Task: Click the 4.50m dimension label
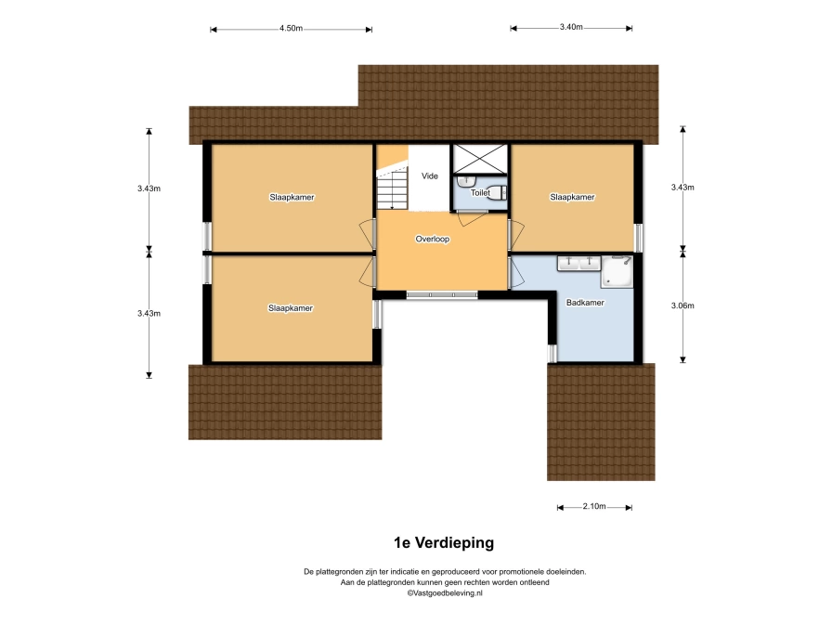point(291,29)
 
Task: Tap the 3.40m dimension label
point(571,27)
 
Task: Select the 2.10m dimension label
point(594,506)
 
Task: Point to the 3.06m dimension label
point(682,305)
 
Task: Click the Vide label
point(430,176)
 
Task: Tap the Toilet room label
point(480,193)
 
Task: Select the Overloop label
point(433,240)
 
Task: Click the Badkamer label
point(585,303)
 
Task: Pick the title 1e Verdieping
point(444,543)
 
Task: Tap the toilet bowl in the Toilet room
point(497,192)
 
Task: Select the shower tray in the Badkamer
point(617,272)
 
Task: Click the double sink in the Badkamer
point(578,263)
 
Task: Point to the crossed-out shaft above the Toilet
point(480,159)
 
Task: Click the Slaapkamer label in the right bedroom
point(572,198)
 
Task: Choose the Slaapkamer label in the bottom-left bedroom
point(291,308)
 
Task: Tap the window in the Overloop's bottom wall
point(442,295)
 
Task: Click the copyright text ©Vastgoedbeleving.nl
point(445,593)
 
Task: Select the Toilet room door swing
point(472,218)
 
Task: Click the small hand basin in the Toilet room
point(464,181)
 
